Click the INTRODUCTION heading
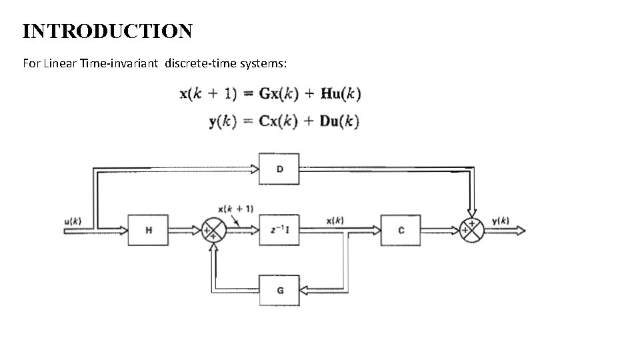click(x=107, y=31)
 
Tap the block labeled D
click(x=279, y=169)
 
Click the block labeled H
click(x=148, y=230)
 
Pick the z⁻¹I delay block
click(x=279, y=230)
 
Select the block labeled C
click(x=400, y=230)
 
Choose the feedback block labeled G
click(x=279, y=290)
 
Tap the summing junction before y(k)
click(x=472, y=230)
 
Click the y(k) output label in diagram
click(x=501, y=220)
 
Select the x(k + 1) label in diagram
click(x=235, y=209)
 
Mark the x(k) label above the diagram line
click(x=335, y=220)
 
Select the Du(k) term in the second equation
click(x=339, y=121)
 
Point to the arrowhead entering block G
click(x=305, y=290)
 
